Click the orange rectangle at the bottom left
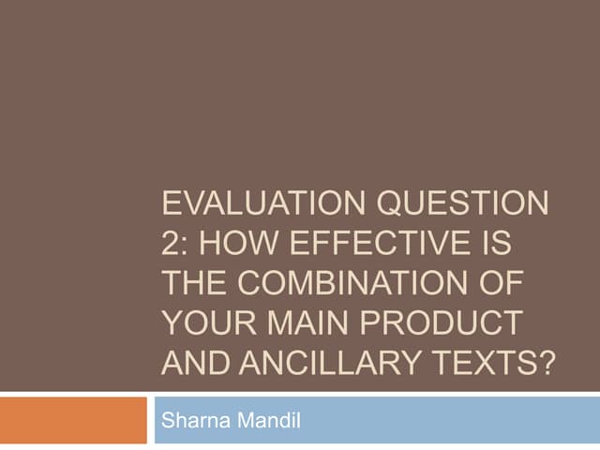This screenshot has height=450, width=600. [x=73, y=420]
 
